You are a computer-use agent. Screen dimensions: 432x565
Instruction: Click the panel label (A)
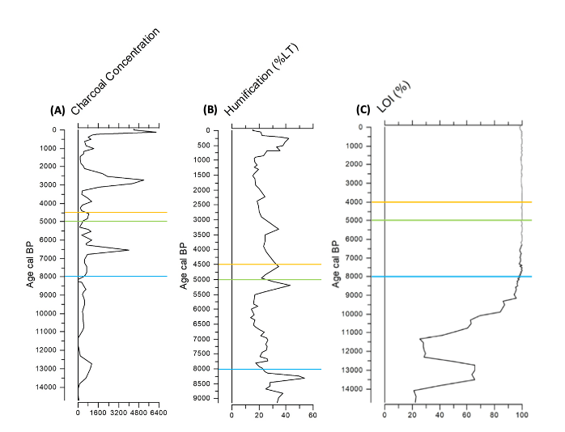57,110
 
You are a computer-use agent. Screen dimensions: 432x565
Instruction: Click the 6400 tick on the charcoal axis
158,413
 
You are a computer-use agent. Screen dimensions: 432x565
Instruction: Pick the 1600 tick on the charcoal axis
98,413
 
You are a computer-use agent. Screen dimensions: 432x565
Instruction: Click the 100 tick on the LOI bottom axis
522,416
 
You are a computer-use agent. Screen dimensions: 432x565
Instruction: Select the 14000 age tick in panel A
47,387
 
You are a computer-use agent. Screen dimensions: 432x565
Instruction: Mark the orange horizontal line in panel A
121,213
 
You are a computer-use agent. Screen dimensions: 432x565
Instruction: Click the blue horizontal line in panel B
275,369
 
